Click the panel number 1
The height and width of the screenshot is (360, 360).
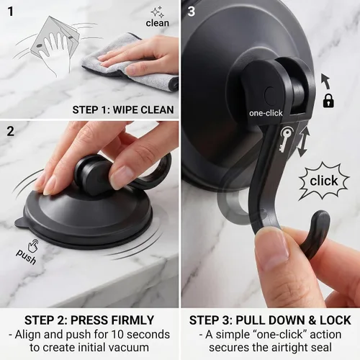10,12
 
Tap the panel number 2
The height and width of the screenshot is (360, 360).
10,131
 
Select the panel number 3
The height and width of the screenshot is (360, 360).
191,12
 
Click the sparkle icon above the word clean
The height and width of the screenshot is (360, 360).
158,12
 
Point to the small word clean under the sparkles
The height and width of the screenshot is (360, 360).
158,23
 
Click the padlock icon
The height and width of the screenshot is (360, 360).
328,101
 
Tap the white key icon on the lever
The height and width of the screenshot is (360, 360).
286,140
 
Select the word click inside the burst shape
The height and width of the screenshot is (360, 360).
324,181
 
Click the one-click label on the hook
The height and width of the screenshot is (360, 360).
266,113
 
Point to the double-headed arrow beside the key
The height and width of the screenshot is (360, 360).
303,142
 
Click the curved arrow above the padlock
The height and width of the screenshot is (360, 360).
326,81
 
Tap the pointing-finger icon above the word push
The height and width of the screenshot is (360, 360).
33,246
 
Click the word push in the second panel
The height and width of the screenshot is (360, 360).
26,256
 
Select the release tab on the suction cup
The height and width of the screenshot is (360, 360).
19,222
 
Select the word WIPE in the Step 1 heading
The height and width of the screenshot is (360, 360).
125,110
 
